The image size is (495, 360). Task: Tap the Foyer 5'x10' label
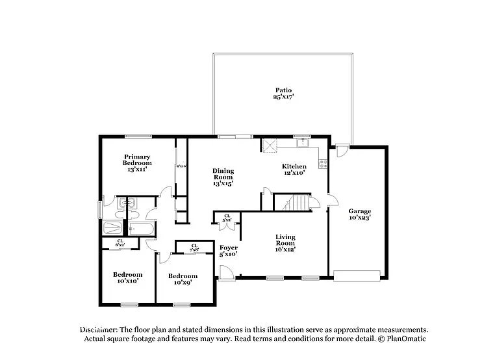pos(228,250)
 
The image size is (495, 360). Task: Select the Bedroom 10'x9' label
pos(183,279)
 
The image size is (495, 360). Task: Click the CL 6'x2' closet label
pos(120,243)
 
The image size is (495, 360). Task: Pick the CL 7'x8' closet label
pos(194,248)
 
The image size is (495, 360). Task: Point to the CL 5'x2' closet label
pos(227,218)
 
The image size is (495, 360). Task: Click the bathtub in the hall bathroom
pos(140,229)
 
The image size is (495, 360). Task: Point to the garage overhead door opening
pos(357,276)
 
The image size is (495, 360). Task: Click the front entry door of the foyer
pos(225,276)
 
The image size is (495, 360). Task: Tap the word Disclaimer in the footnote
pos(101,330)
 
